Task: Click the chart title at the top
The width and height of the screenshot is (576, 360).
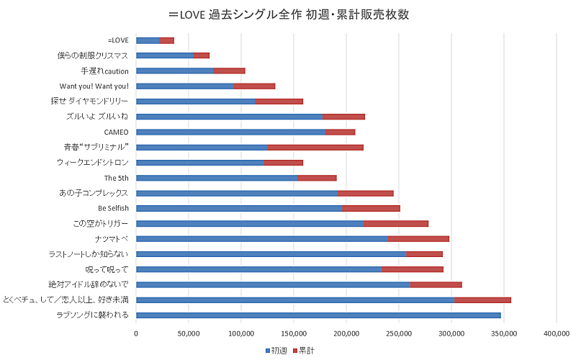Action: point(288,14)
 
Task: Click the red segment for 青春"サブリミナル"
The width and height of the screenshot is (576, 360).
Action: point(315,147)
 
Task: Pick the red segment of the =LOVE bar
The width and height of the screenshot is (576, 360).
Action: point(167,40)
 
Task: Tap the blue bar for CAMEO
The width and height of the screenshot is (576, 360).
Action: point(230,132)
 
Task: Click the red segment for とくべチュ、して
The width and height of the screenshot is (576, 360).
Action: point(482,300)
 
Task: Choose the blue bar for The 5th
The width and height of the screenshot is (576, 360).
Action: point(216,178)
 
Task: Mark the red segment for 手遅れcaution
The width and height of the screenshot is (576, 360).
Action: point(229,71)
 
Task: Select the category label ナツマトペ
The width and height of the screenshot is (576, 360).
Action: point(112,238)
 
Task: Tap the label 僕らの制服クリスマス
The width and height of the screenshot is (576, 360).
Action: point(93,55)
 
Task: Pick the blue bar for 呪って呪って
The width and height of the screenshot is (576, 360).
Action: point(259,269)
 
